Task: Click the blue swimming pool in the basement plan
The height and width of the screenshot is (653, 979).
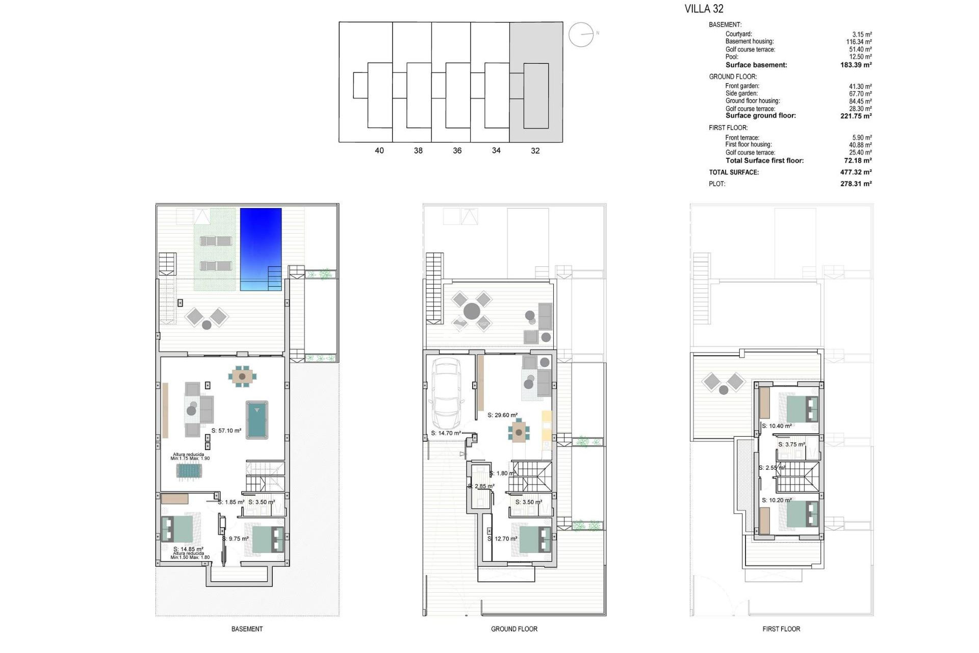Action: [261, 248]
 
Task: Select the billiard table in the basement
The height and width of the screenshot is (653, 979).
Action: [257, 419]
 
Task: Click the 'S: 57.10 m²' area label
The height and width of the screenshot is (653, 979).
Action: [226, 431]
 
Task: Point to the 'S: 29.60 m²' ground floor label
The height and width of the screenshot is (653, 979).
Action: [502, 415]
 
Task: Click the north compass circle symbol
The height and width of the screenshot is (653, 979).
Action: [581, 35]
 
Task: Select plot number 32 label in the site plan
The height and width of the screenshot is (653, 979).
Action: [535, 150]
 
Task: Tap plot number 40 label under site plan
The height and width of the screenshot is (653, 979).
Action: [379, 150]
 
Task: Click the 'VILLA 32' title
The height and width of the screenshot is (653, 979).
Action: [704, 9]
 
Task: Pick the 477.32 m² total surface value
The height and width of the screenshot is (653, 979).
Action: [856, 172]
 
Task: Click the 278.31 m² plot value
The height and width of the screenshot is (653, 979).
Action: [856, 184]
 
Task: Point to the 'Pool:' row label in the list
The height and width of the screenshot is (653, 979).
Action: [732, 57]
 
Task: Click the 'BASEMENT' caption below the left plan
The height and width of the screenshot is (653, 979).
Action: [247, 629]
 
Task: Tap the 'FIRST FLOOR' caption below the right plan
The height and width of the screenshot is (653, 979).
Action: [781, 629]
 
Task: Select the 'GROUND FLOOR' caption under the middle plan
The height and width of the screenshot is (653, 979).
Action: [514, 629]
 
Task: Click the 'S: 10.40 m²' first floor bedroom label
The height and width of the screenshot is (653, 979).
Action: [777, 426]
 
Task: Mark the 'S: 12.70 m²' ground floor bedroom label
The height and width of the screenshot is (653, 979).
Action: [503, 539]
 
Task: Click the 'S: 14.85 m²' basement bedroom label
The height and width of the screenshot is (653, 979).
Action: [188, 549]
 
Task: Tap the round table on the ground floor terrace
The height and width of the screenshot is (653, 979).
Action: [472, 311]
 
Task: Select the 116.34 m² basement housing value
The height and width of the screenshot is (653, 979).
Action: [859, 42]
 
